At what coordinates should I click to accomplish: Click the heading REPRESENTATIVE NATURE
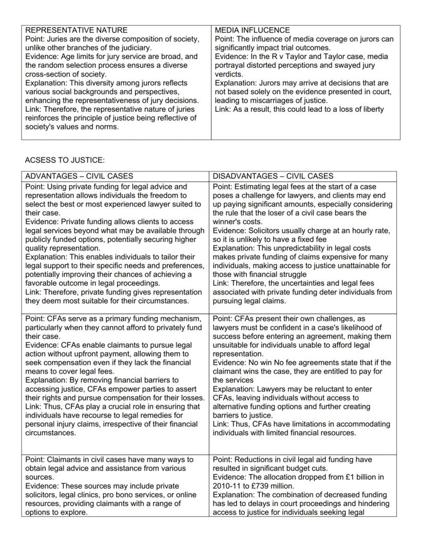point(76,30)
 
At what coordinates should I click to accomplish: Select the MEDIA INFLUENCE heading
point(252,30)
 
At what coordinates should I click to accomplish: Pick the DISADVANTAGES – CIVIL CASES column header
point(273,176)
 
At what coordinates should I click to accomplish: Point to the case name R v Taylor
point(287,56)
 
